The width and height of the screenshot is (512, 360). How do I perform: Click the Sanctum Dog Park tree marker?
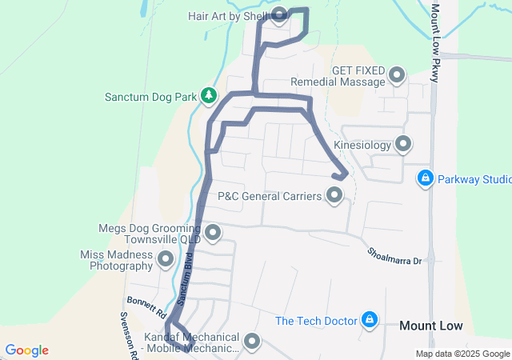click(209, 96)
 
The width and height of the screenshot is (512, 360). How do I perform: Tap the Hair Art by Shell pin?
click(280, 14)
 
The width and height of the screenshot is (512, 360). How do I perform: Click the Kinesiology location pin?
click(404, 145)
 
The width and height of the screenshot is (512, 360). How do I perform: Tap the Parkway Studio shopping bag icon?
click(426, 178)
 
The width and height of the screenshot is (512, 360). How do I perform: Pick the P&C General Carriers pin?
click(334, 195)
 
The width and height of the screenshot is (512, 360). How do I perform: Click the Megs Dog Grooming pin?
click(213, 233)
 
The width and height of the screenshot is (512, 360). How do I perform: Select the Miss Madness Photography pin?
click(166, 258)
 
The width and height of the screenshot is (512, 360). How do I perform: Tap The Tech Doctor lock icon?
click(369, 320)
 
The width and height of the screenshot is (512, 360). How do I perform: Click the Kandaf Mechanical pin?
click(253, 342)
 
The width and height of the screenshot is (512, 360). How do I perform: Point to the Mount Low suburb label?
click(430, 326)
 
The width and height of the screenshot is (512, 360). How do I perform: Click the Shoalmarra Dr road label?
click(394, 254)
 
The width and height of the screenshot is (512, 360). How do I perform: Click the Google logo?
click(26, 350)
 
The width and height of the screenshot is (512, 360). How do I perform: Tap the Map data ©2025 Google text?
click(462, 354)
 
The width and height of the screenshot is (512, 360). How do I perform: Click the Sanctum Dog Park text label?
click(150, 97)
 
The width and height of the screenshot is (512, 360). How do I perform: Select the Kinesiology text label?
click(362, 146)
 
